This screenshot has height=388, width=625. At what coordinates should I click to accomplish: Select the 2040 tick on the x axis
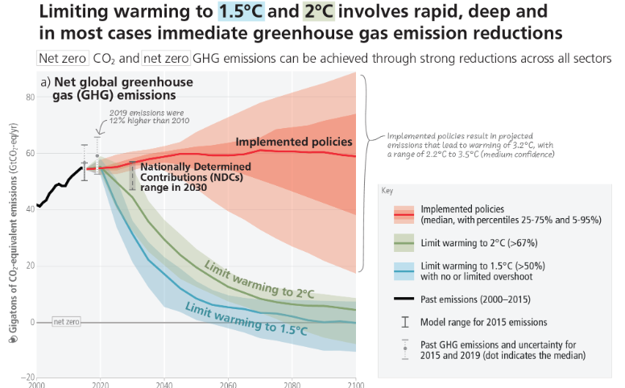[163, 384]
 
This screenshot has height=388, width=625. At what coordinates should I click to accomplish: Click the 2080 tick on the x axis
[292, 384]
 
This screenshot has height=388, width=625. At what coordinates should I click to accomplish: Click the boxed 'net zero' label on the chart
[67, 321]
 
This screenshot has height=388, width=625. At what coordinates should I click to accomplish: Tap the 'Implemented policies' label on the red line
[293, 142]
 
